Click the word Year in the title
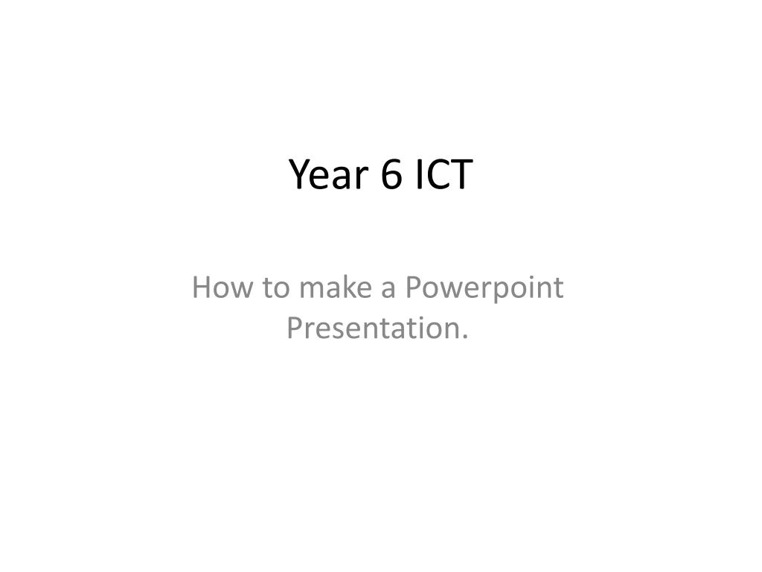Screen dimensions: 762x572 pyautogui.click(x=328, y=174)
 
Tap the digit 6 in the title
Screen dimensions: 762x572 pyautogui.click(x=391, y=174)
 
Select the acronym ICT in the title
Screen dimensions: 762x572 pyautogui.click(x=444, y=174)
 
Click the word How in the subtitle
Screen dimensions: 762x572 pyautogui.click(x=222, y=287)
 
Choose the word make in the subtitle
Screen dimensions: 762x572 pyautogui.click(x=336, y=287)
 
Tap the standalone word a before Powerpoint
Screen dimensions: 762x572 pyautogui.click(x=388, y=290)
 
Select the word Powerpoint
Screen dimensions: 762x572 pyautogui.click(x=484, y=289)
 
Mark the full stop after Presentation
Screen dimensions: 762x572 pyautogui.click(x=464, y=337)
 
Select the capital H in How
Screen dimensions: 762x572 pyautogui.click(x=201, y=287)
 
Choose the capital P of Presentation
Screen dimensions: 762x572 pyautogui.click(x=295, y=328)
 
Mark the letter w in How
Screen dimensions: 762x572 pyautogui.click(x=243, y=290)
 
